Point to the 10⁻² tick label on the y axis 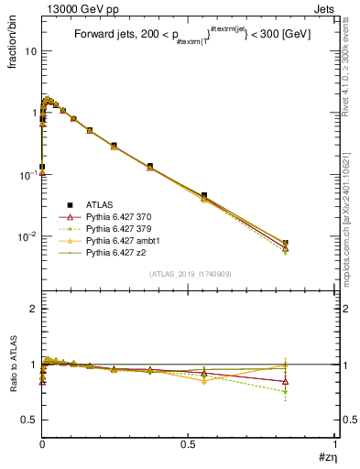tap(27, 236)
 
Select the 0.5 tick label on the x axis tap(189, 444)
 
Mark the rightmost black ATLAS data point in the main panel tap(286, 243)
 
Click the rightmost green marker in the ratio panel tap(286, 391)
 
